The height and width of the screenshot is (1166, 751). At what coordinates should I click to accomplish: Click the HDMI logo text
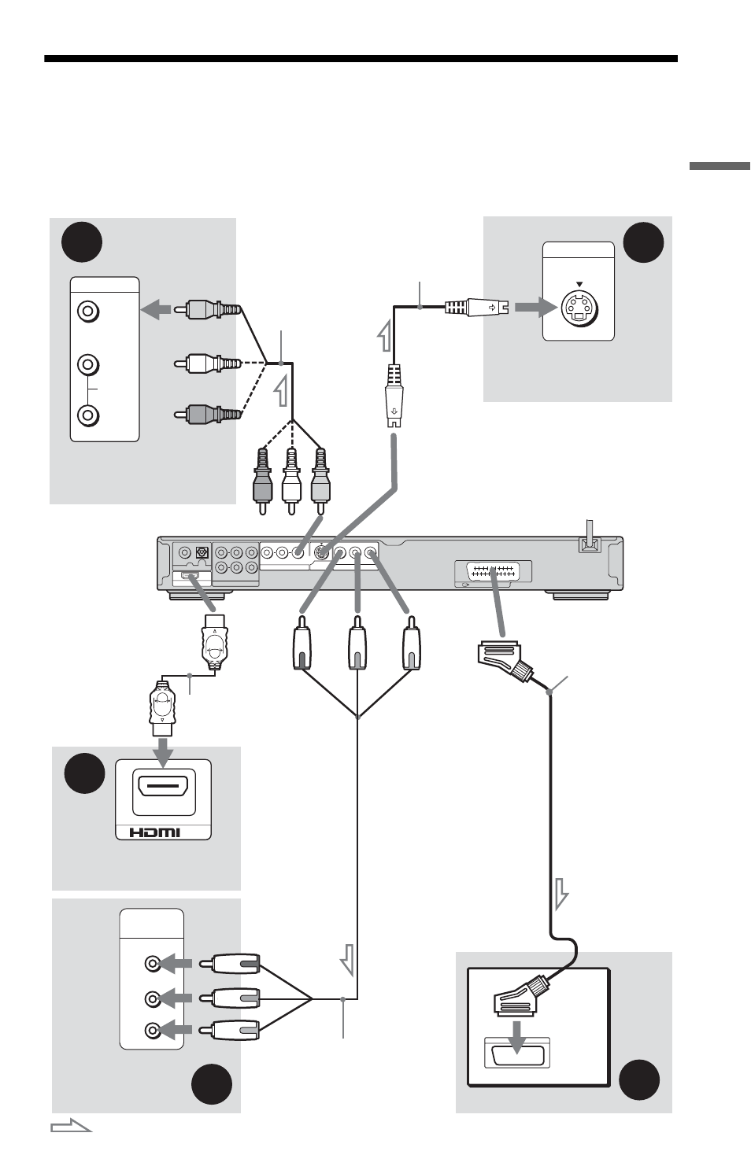click(x=154, y=832)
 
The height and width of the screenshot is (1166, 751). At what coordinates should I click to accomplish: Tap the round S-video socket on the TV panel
click(x=579, y=308)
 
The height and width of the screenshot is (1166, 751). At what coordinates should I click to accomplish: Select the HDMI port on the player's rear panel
click(x=190, y=576)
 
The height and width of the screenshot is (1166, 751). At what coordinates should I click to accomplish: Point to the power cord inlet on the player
click(x=589, y=544)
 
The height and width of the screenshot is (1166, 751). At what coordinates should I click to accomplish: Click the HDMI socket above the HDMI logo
click(x=164, y=791)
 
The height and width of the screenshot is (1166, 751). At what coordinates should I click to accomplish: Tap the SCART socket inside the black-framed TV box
click(x=516, y=1053)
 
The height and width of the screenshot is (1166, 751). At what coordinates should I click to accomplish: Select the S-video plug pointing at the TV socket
click(x=476, y=307)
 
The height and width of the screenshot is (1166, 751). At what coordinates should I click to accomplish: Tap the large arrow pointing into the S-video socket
click(x=535, y=307)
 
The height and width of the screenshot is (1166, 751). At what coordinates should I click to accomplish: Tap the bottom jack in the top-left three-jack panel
click(x=88, y=415)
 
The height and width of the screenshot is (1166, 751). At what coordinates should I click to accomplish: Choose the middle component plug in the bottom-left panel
click(x=230, y=998)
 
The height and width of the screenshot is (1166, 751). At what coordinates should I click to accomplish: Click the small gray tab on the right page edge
click(x=719, y=166)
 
